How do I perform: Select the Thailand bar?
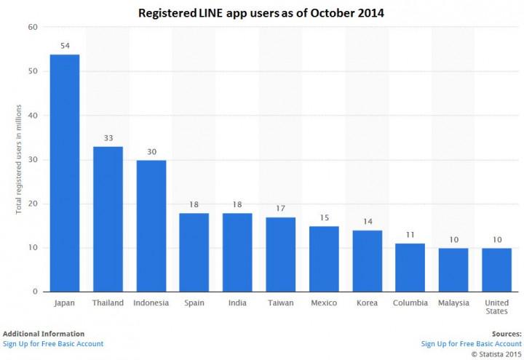pos(108,219)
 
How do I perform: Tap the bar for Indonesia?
pos(151,225)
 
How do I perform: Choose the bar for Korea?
pos(367,261)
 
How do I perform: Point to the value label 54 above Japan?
pos(64,46)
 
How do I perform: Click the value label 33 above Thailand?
pos(108,138)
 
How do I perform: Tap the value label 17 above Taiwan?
pos(280,209)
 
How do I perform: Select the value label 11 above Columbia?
pos(410,235)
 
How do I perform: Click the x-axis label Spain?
pos(194,303)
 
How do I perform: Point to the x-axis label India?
pos(237,303)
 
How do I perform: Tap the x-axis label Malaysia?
pos(453,303)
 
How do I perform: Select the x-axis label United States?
pos(496,307)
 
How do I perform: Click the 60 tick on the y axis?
pos(33,27)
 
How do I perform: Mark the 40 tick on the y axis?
pos(33,116)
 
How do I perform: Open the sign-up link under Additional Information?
pos(53,343)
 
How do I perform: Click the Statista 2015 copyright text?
pos(496,353)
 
